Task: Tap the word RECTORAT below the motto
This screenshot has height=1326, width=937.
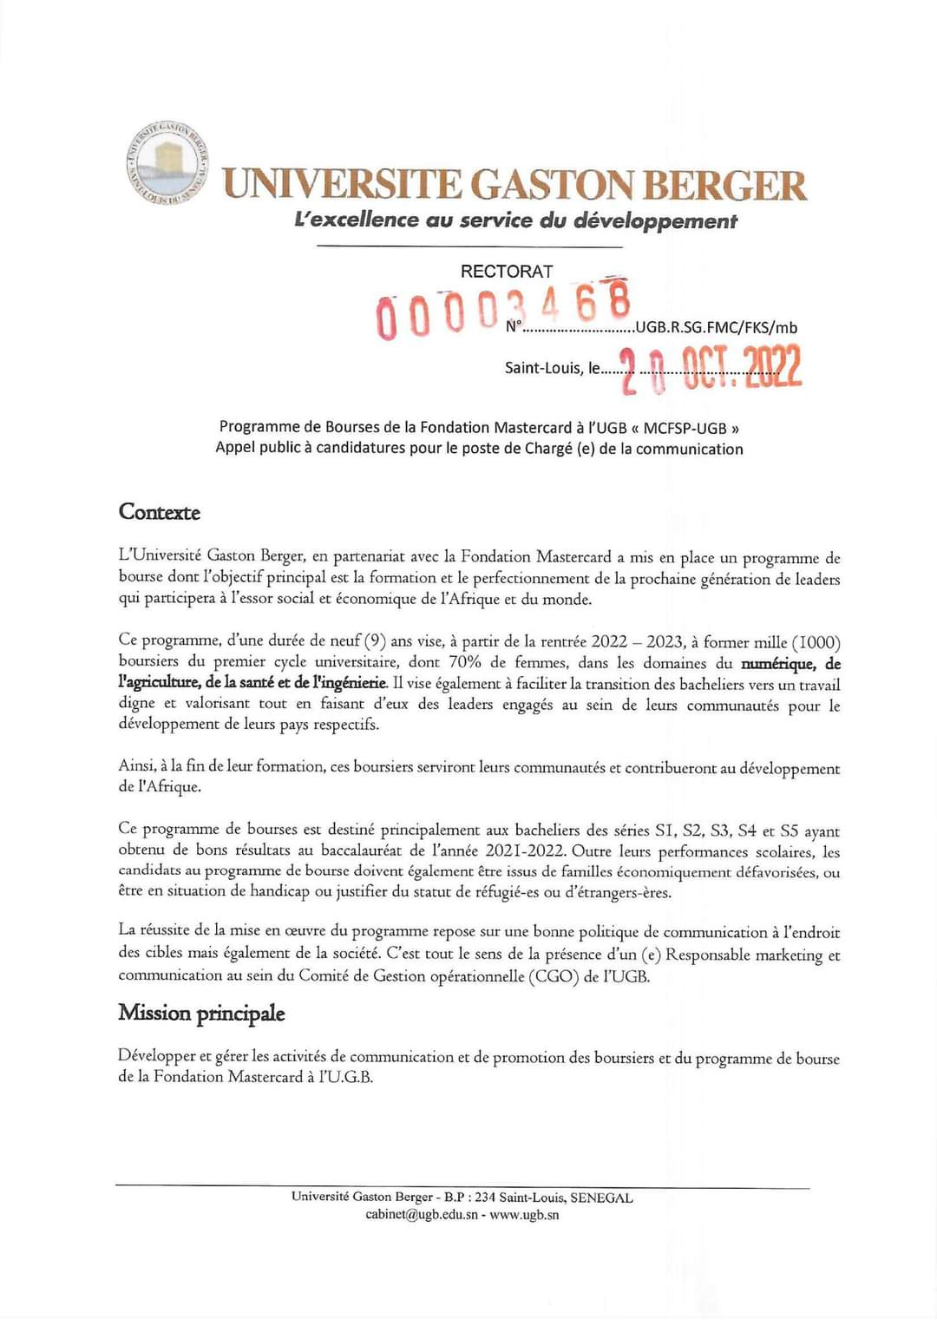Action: click(x=506, y=272)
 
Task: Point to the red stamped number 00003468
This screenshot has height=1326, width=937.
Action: click(x=503, y=308)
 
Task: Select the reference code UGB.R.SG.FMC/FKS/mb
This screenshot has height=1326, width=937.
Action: click(x=716, y=327)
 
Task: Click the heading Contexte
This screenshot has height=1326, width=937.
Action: click(x=160, y=512)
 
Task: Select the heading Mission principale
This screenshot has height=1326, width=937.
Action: click(x=201, y=1013)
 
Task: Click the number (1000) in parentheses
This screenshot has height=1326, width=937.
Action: click(x=816, y=642)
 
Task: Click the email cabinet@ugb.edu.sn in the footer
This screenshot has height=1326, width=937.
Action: click(x=422, y=1215)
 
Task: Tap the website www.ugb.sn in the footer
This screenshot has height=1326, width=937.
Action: click(x=524, y=1215)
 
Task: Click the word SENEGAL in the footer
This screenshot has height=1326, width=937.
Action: click(x=601, y=1198)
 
